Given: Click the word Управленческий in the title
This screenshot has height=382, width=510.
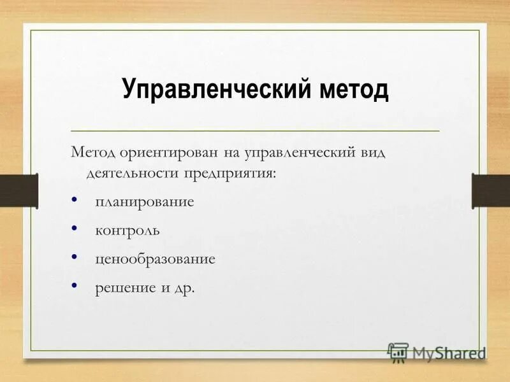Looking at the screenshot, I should click(x=215, y=90).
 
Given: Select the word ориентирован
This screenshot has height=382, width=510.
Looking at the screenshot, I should click(x=166, y=153).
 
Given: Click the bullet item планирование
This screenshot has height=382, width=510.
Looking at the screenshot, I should click(x=144, y=202).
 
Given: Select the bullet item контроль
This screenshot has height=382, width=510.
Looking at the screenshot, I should click(x=127, y=230).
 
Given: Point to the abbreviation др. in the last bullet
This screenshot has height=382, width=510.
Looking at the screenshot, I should click(x=184, y=288).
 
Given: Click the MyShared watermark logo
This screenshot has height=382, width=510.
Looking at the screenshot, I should click(x=437, y=351).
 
